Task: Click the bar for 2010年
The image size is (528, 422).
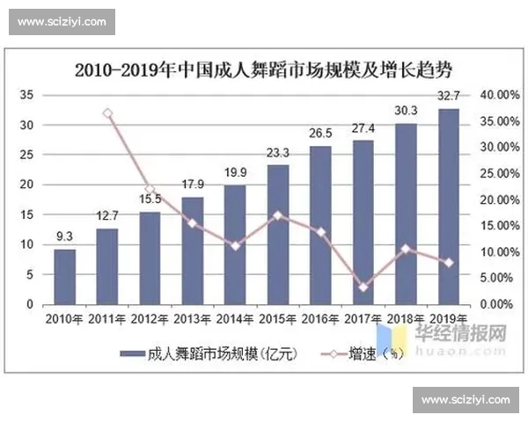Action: pos(64,276)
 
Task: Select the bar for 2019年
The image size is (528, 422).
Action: pos(448,207)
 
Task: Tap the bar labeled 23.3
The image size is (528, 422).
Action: pos(278,234)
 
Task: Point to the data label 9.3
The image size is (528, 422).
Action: pos(64,237)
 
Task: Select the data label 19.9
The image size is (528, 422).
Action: pos(235,172)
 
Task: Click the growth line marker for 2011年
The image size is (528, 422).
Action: pos(107,113)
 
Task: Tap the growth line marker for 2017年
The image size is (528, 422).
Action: pos(363,287)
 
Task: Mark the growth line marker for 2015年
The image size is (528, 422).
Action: pos(278,215)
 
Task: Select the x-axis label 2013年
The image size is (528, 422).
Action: pos(193,317)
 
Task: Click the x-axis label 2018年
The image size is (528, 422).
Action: pos(406,317)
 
